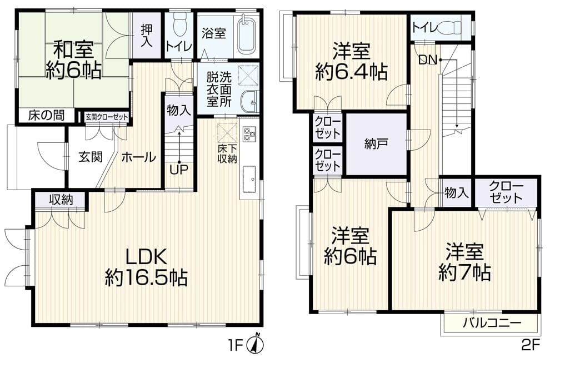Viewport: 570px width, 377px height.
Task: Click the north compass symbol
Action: pyautogui.click(x=256, y=344)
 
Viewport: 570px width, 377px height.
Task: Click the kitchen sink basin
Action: pyautogui.click(x=249, y=179)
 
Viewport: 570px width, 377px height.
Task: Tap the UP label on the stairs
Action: pyautogui.click(x=179, y=169)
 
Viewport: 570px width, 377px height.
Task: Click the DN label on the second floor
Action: pyautogui.click(x=428, y=59)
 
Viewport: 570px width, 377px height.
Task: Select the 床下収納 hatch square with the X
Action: pyautogui.click(x=227, y=132)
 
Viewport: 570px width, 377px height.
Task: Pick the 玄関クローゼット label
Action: pyautogui.click(x=107, y=117)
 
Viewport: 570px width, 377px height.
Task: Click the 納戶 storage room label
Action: pyautogui.click(x=376, y=145)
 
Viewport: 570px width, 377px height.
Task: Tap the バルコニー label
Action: pyautogui.click(x=492, y=323)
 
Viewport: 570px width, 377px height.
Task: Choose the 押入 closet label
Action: pyautogui.click(x=147, y=35)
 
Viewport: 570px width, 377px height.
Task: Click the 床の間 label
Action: pyautogui.click(x=47, y=116)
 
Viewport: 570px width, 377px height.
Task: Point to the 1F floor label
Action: pyautogui.click(x=235, y=345)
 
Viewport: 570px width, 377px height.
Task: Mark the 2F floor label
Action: pyautogui.click(x=531, y=345)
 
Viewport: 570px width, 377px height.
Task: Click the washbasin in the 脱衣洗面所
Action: pyautogui.click(x=249, y=102)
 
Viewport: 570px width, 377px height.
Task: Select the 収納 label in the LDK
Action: pyautogui.click(x=62, y=200)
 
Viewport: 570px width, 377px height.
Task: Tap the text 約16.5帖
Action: pyautogui.click(x=147, y=278)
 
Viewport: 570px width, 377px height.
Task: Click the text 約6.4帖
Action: pyautogui.click(x=351, y=72)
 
